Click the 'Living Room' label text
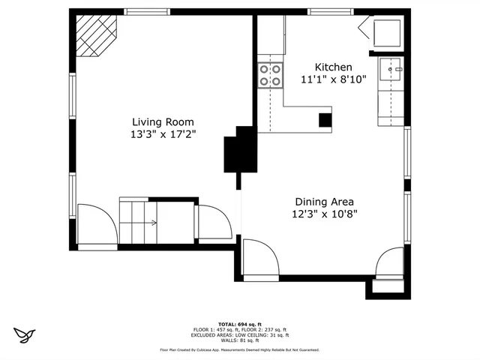pyautogui.click(x=163, y=122)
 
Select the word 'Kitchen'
pyautogui.click(x=333, y=67)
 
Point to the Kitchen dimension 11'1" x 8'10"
pyautogui.click(x=333, y=79)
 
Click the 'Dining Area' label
pyautogui.click(x=324, y=201)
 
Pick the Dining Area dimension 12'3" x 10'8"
pyautogui.click(x=324, y=214)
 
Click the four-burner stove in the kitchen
pyautogui.click(x=271, y=75)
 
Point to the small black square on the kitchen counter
pyautogui.click(x=325, y=119)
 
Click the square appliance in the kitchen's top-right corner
pyautogui.click(x=387, y=33)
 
